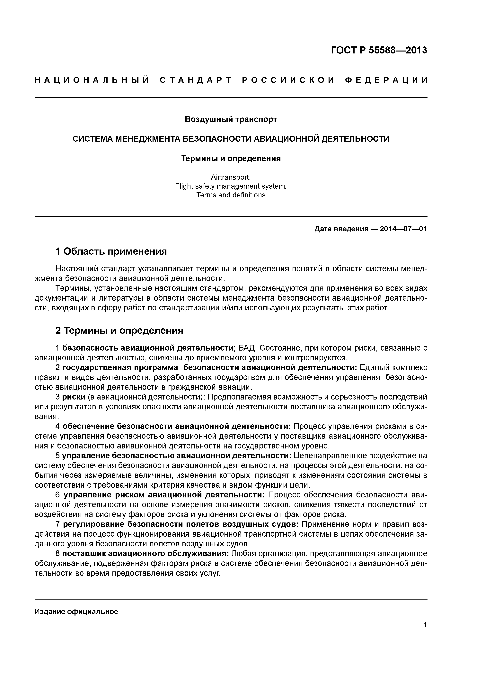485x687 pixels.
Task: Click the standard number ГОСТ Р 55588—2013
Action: pos(379,50)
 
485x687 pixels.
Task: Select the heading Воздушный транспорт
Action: pos(231,119)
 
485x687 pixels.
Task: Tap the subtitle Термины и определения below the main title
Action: pos(231,158)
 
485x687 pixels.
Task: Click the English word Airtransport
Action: pos(231,177)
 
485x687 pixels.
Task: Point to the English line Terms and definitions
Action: pos(231,195)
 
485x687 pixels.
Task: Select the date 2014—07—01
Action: pos(403,229)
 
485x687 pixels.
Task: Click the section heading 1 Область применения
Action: pos(111,251)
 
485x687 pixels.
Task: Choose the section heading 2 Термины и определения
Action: pos(119,330)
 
